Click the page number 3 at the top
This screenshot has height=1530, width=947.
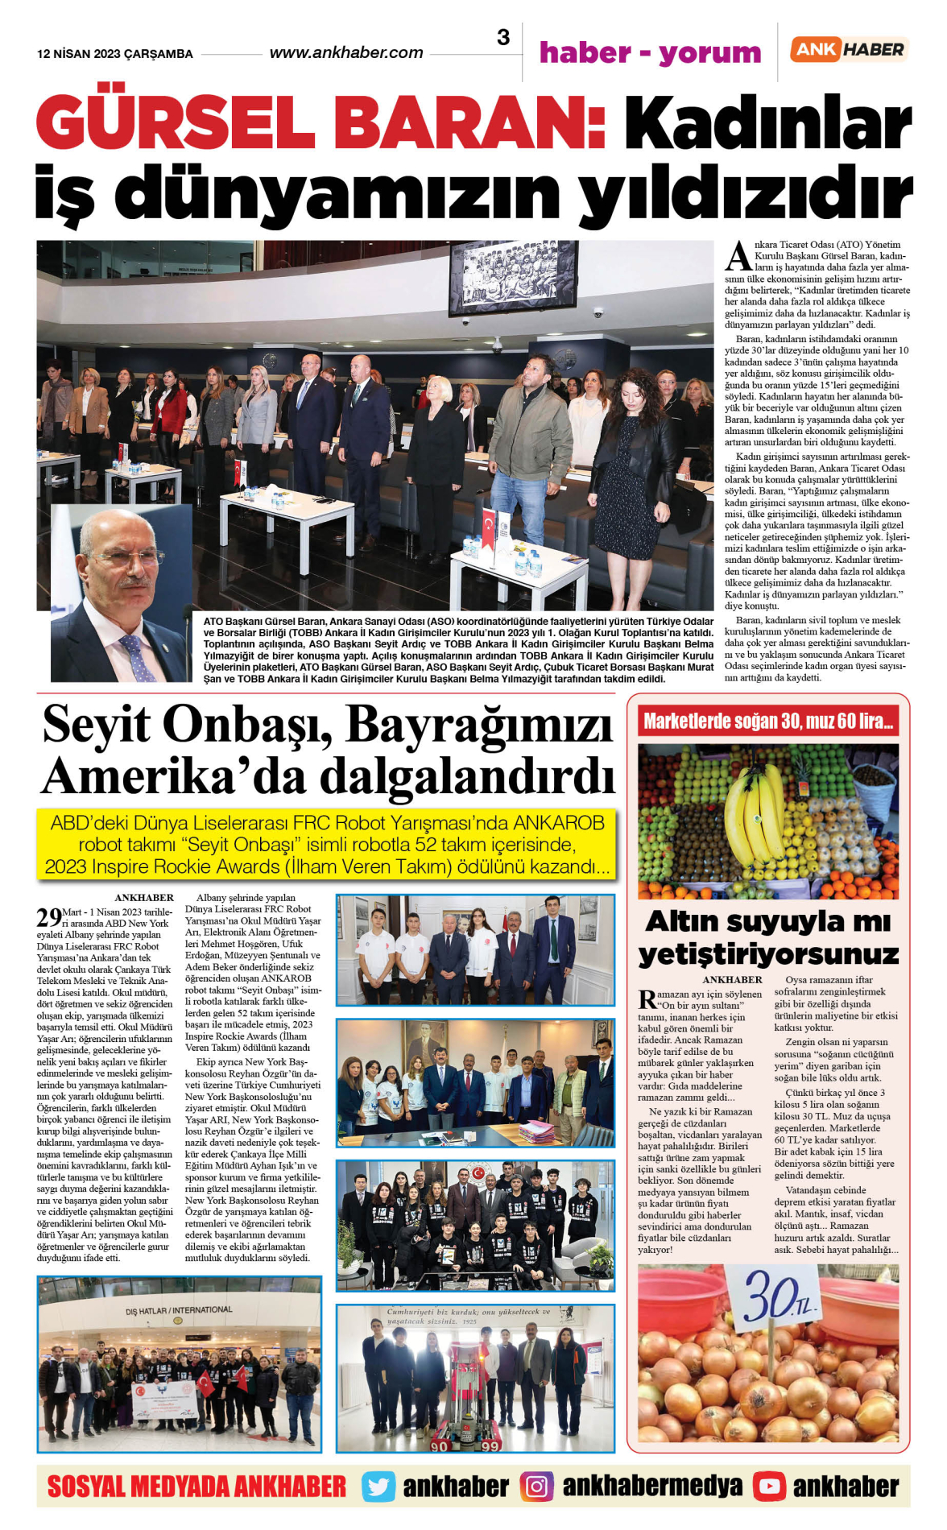pos(503,37)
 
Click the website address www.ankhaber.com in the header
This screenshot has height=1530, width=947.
pos(345,53)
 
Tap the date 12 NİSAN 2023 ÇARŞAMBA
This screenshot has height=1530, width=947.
pos(115,54)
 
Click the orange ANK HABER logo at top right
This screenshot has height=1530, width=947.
pos(849,50)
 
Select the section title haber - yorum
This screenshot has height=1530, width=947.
pos(650,53)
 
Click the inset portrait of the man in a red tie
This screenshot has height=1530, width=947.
pos(121,594)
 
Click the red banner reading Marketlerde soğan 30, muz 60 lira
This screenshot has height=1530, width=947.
pos(768,721)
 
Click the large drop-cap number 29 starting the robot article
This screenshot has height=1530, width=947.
pos(48,917)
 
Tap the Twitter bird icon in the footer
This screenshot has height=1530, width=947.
pos(378,1487)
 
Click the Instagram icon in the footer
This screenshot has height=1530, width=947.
pos(536,1487)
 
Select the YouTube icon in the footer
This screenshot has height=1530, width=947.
pos(769,1487)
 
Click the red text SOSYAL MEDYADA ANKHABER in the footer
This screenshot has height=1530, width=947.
pos(196,1487)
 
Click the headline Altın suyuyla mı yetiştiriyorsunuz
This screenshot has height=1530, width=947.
pos(768,937)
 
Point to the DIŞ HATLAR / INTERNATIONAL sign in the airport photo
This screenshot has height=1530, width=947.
pos(179,1311)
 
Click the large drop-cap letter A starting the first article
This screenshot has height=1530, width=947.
pos(738,256)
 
